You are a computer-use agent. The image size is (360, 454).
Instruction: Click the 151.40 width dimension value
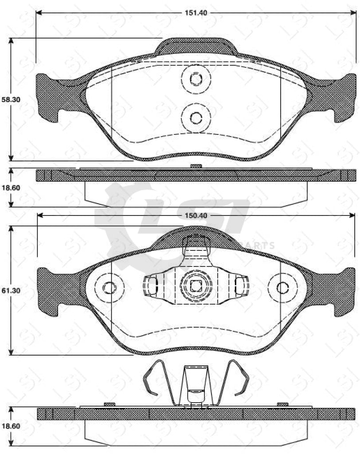coord(196,12)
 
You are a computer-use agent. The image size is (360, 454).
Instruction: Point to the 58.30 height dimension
coord(11,100)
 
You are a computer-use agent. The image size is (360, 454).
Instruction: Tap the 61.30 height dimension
coord(11,290)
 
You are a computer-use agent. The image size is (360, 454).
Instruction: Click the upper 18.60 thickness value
coord(11,188)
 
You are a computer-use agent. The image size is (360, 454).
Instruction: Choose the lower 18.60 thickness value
coord(11,426)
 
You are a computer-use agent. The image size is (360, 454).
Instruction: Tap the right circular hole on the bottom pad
coord(282,287)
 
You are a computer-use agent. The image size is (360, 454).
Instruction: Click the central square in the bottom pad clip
coord(196,286)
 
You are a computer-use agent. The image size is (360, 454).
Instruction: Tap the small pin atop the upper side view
coord(196,166)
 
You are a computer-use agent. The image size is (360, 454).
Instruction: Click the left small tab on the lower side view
coord(109,404)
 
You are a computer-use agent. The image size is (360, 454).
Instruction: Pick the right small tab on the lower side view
coord(282,404)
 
